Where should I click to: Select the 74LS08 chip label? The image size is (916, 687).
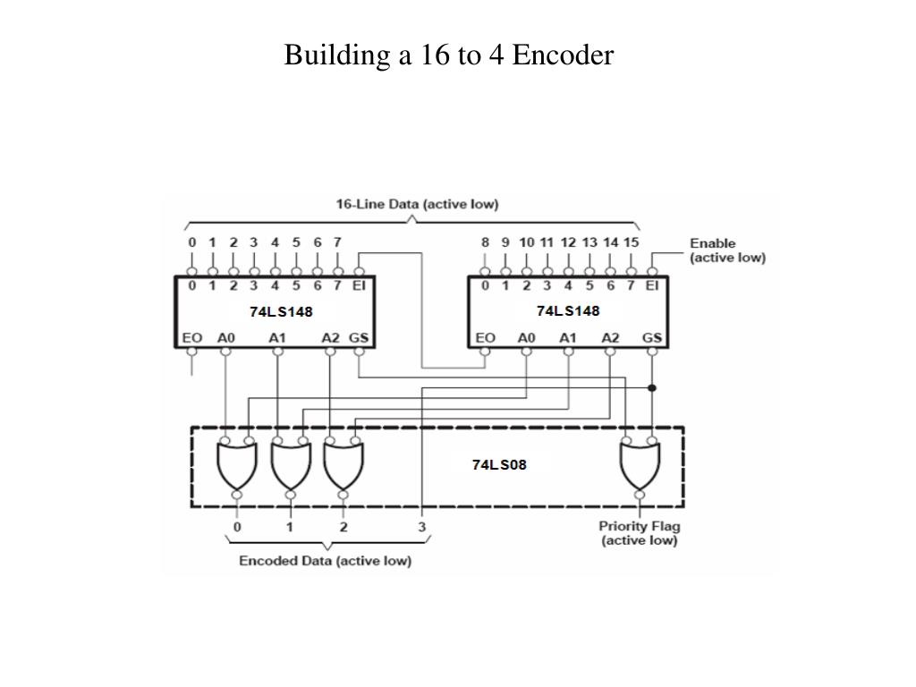[499, 464]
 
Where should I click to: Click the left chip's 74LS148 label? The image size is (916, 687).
[281, 311]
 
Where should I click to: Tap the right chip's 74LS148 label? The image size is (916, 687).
[568, 310]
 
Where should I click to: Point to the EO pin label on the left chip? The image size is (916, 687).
[191, 338]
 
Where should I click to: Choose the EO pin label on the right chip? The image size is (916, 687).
[486, 338]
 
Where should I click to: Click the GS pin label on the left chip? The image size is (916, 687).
[360, 338]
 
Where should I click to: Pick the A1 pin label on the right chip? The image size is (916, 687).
[568, 338]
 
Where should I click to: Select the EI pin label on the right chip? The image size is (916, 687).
[652, 286]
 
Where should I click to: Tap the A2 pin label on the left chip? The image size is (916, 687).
[331, 338]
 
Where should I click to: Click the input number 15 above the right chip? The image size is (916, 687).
[632, 242]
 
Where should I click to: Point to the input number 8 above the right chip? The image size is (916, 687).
[485, 242]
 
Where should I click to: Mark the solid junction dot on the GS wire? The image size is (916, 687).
[653, 387]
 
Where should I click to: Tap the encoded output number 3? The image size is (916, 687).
[421, 527]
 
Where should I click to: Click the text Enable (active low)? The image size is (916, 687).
[726, 250]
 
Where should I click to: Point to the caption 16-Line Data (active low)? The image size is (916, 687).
[417, 204]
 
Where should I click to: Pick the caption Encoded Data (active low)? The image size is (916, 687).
[325, 561]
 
